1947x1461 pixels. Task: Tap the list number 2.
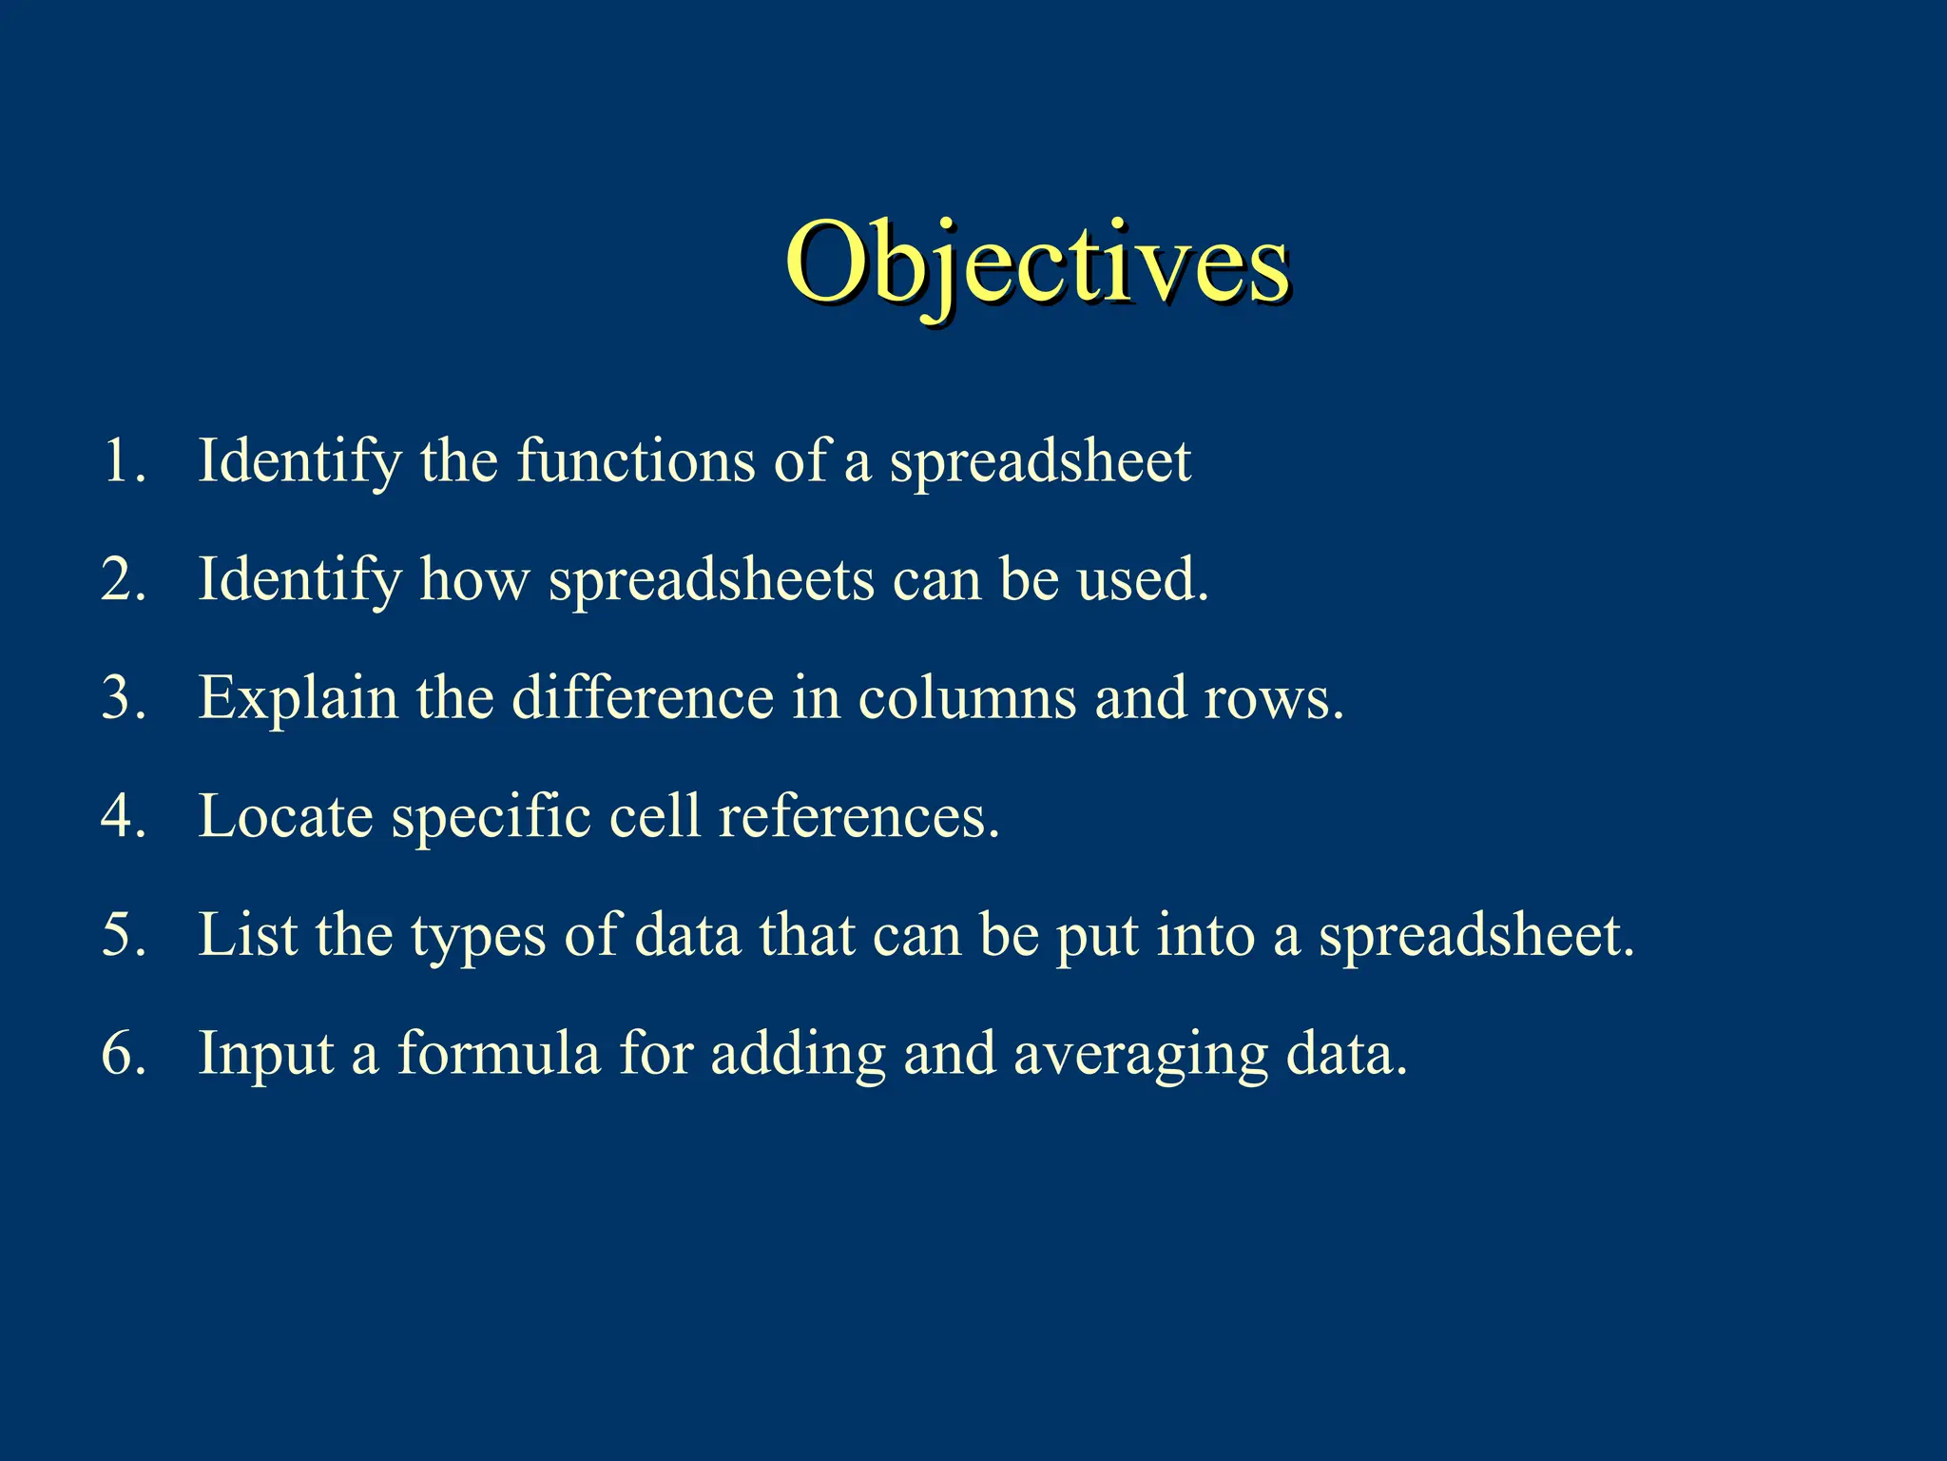[x=124, y=579]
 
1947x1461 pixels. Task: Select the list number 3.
[x=124, y=698]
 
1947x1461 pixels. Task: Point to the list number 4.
[x=124, y=816]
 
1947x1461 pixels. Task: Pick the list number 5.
[x=124, y=934]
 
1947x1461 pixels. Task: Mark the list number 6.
[x=124, y=1053]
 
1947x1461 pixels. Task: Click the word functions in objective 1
[x=636, y=461]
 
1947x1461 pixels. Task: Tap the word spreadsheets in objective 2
[x=711, y=581]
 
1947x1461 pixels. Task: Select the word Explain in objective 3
[x=298, y=699]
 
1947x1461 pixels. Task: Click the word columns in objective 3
[x=967, y=698]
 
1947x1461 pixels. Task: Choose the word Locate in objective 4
[x=285, y=816]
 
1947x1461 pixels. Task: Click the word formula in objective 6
[x=499, y=1053]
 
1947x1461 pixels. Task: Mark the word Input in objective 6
[x=265, y=1055]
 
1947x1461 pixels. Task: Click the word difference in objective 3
[x=643, y=698]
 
